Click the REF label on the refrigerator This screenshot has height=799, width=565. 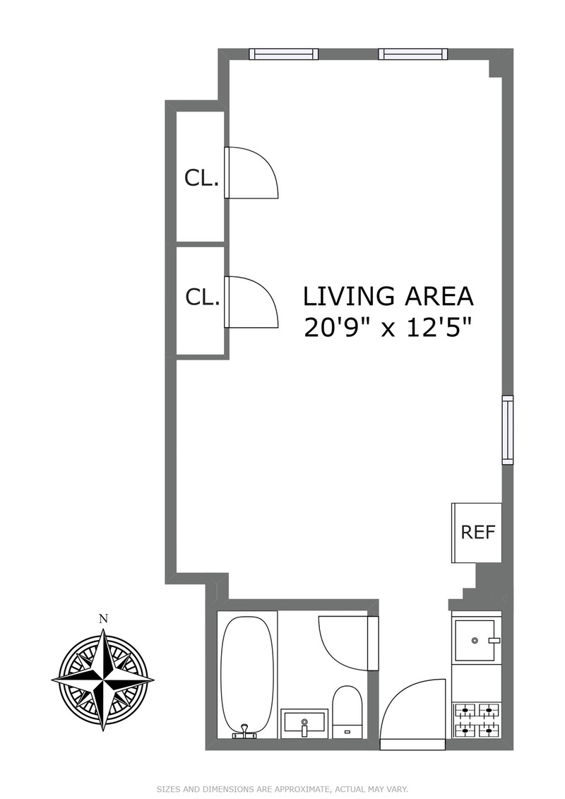(x=478, y=532)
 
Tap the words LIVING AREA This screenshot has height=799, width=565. (x=388, y=297)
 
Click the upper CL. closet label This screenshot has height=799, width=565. (x=202, y=178)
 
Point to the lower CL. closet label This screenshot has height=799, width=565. (x=203, y=297)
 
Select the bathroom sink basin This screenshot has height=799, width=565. (x=304, y=723)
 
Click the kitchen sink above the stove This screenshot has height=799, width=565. (x=475, y=640)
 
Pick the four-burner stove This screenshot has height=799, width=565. (x=476, y=719)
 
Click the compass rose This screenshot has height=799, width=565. (x=103, y=680)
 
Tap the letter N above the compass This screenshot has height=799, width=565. (x=103, y=619)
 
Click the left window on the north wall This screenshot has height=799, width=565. (x=284, y=54)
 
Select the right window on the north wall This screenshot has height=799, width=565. (x=413, y=54)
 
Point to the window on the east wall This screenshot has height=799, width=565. (x=508, y=430)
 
